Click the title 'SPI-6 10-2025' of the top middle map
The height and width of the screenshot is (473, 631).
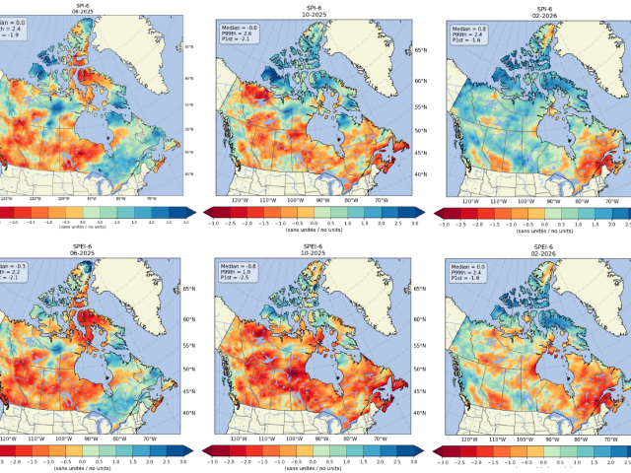pyautogui.click(x=312, y=10)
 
